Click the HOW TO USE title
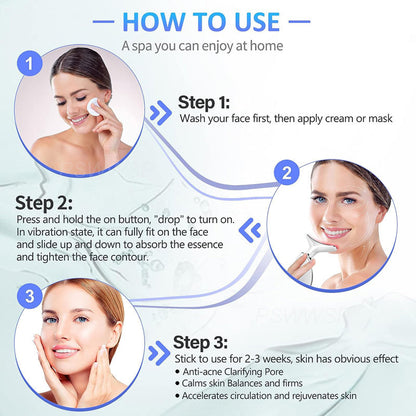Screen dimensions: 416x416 207,21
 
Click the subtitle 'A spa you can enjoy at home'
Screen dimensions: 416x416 207,46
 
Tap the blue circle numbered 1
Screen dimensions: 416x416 34,64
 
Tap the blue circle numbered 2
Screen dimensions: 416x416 286,172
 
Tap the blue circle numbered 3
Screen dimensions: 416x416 33,295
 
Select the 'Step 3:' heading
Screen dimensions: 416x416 205,342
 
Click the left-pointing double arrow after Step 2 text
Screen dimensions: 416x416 253,230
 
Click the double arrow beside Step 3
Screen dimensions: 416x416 157,352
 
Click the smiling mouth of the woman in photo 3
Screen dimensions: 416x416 67,352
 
